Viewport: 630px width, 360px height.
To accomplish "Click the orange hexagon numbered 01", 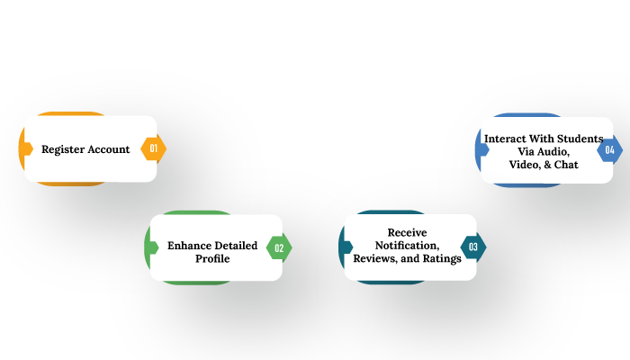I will point(154,148).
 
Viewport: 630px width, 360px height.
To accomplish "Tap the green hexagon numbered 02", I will point(279,247).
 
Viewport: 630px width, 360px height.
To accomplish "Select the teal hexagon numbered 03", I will point(473,247).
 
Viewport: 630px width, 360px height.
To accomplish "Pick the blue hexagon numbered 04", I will point(609,149).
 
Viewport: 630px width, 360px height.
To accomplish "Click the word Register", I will point(63,149).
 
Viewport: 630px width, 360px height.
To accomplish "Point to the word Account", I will point(109,149).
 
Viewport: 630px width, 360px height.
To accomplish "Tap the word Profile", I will point(212,259).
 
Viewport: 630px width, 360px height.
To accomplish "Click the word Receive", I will point(407,233).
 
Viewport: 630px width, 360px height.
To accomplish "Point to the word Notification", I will point(407,246).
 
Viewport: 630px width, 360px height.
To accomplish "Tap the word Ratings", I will point(441,259).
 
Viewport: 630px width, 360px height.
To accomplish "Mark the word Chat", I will point(566,165).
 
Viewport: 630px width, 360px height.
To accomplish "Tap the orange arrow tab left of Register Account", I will point(27,148).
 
